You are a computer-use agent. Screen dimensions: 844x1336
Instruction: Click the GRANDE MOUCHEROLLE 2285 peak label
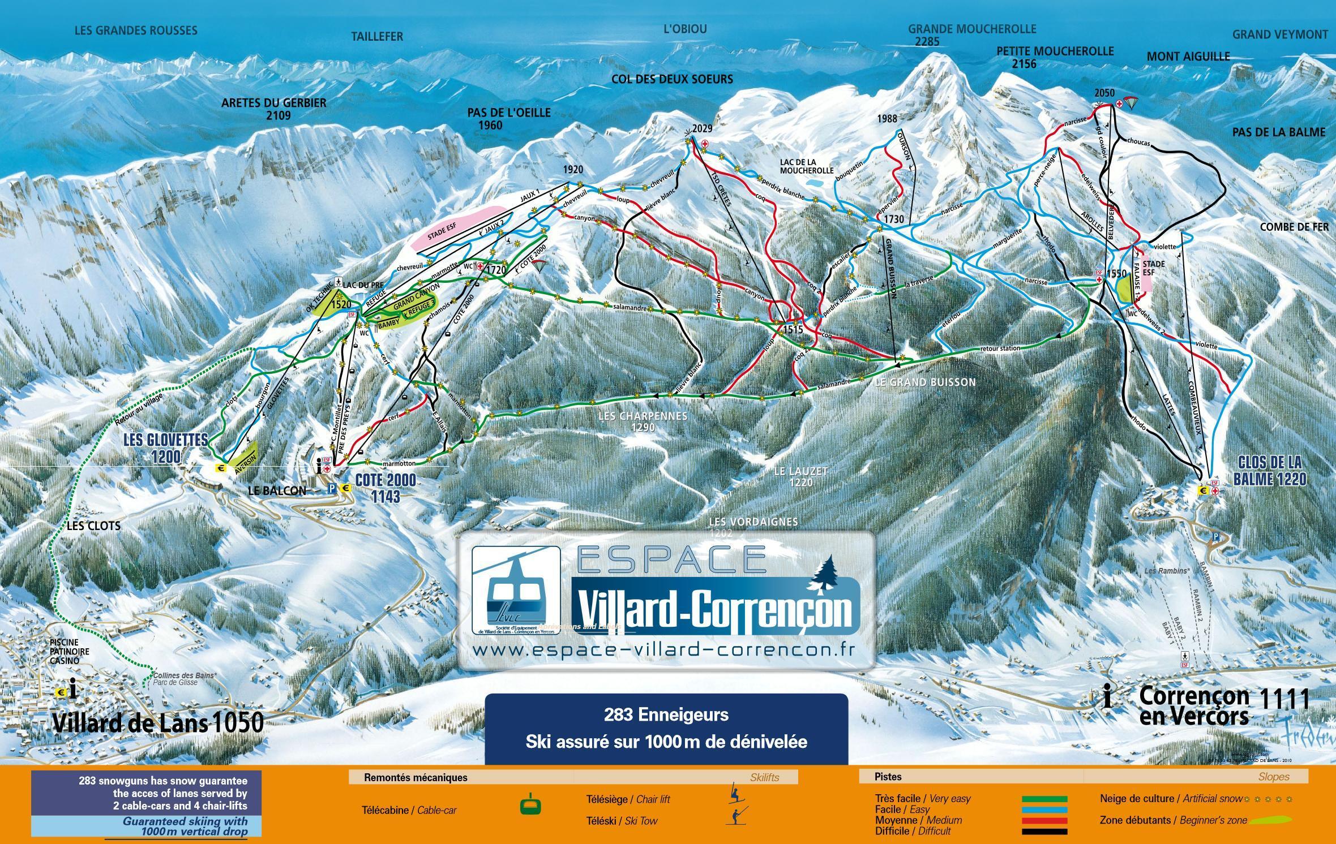click(x=972, y=35)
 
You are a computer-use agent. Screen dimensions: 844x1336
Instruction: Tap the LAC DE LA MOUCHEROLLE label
click(x=806, y=166)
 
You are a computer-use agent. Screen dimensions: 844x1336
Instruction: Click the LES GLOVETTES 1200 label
click(x=165, y=448)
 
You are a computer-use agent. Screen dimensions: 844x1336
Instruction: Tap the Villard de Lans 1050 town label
click(x=158, y=722)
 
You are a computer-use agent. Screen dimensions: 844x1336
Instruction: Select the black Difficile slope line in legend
click(x=1044, y=832)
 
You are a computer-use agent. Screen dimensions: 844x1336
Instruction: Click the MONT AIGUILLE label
click(x=1188, y=57)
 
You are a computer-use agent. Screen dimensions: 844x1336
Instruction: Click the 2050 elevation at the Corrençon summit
click(x=1104, y=93)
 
